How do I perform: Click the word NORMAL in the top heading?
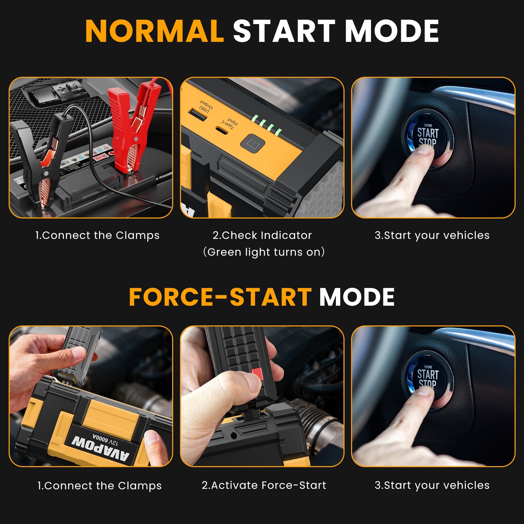[155, 31]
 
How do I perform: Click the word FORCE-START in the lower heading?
[220, 297]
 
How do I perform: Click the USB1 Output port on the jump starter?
[198, 114]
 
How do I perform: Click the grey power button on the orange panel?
[252, 144]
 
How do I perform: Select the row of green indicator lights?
[267, 125]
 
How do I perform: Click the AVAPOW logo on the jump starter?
[100, 449]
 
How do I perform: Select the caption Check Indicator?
[262, 236]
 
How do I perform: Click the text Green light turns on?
[264, 252]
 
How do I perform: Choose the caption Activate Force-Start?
[264, 485]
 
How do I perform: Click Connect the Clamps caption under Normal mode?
[97, 236]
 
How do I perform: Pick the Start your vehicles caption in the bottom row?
[432, 485]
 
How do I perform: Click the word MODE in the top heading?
[392, 31]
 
